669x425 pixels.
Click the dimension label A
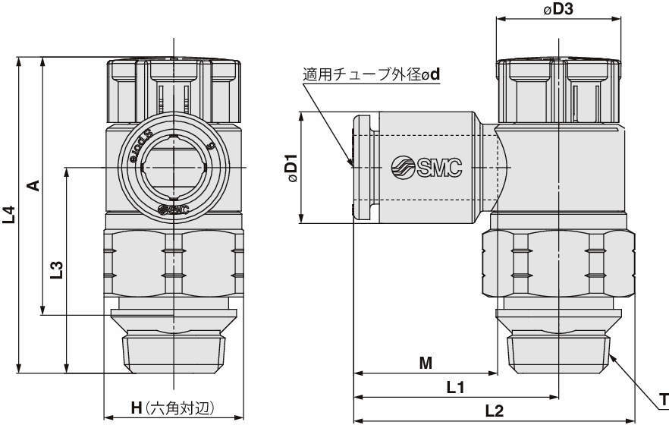[33, 185]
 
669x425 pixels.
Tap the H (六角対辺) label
[172, 408]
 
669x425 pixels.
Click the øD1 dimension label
[291, 168]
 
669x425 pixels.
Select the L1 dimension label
[454, 387]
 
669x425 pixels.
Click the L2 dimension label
[494, 411]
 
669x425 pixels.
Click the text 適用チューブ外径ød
[371, 75]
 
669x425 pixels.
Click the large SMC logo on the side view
[426, 168]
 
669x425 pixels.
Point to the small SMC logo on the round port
[174, 209]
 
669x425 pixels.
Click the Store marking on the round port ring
[130, 150]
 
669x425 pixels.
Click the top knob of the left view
[174, 87]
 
